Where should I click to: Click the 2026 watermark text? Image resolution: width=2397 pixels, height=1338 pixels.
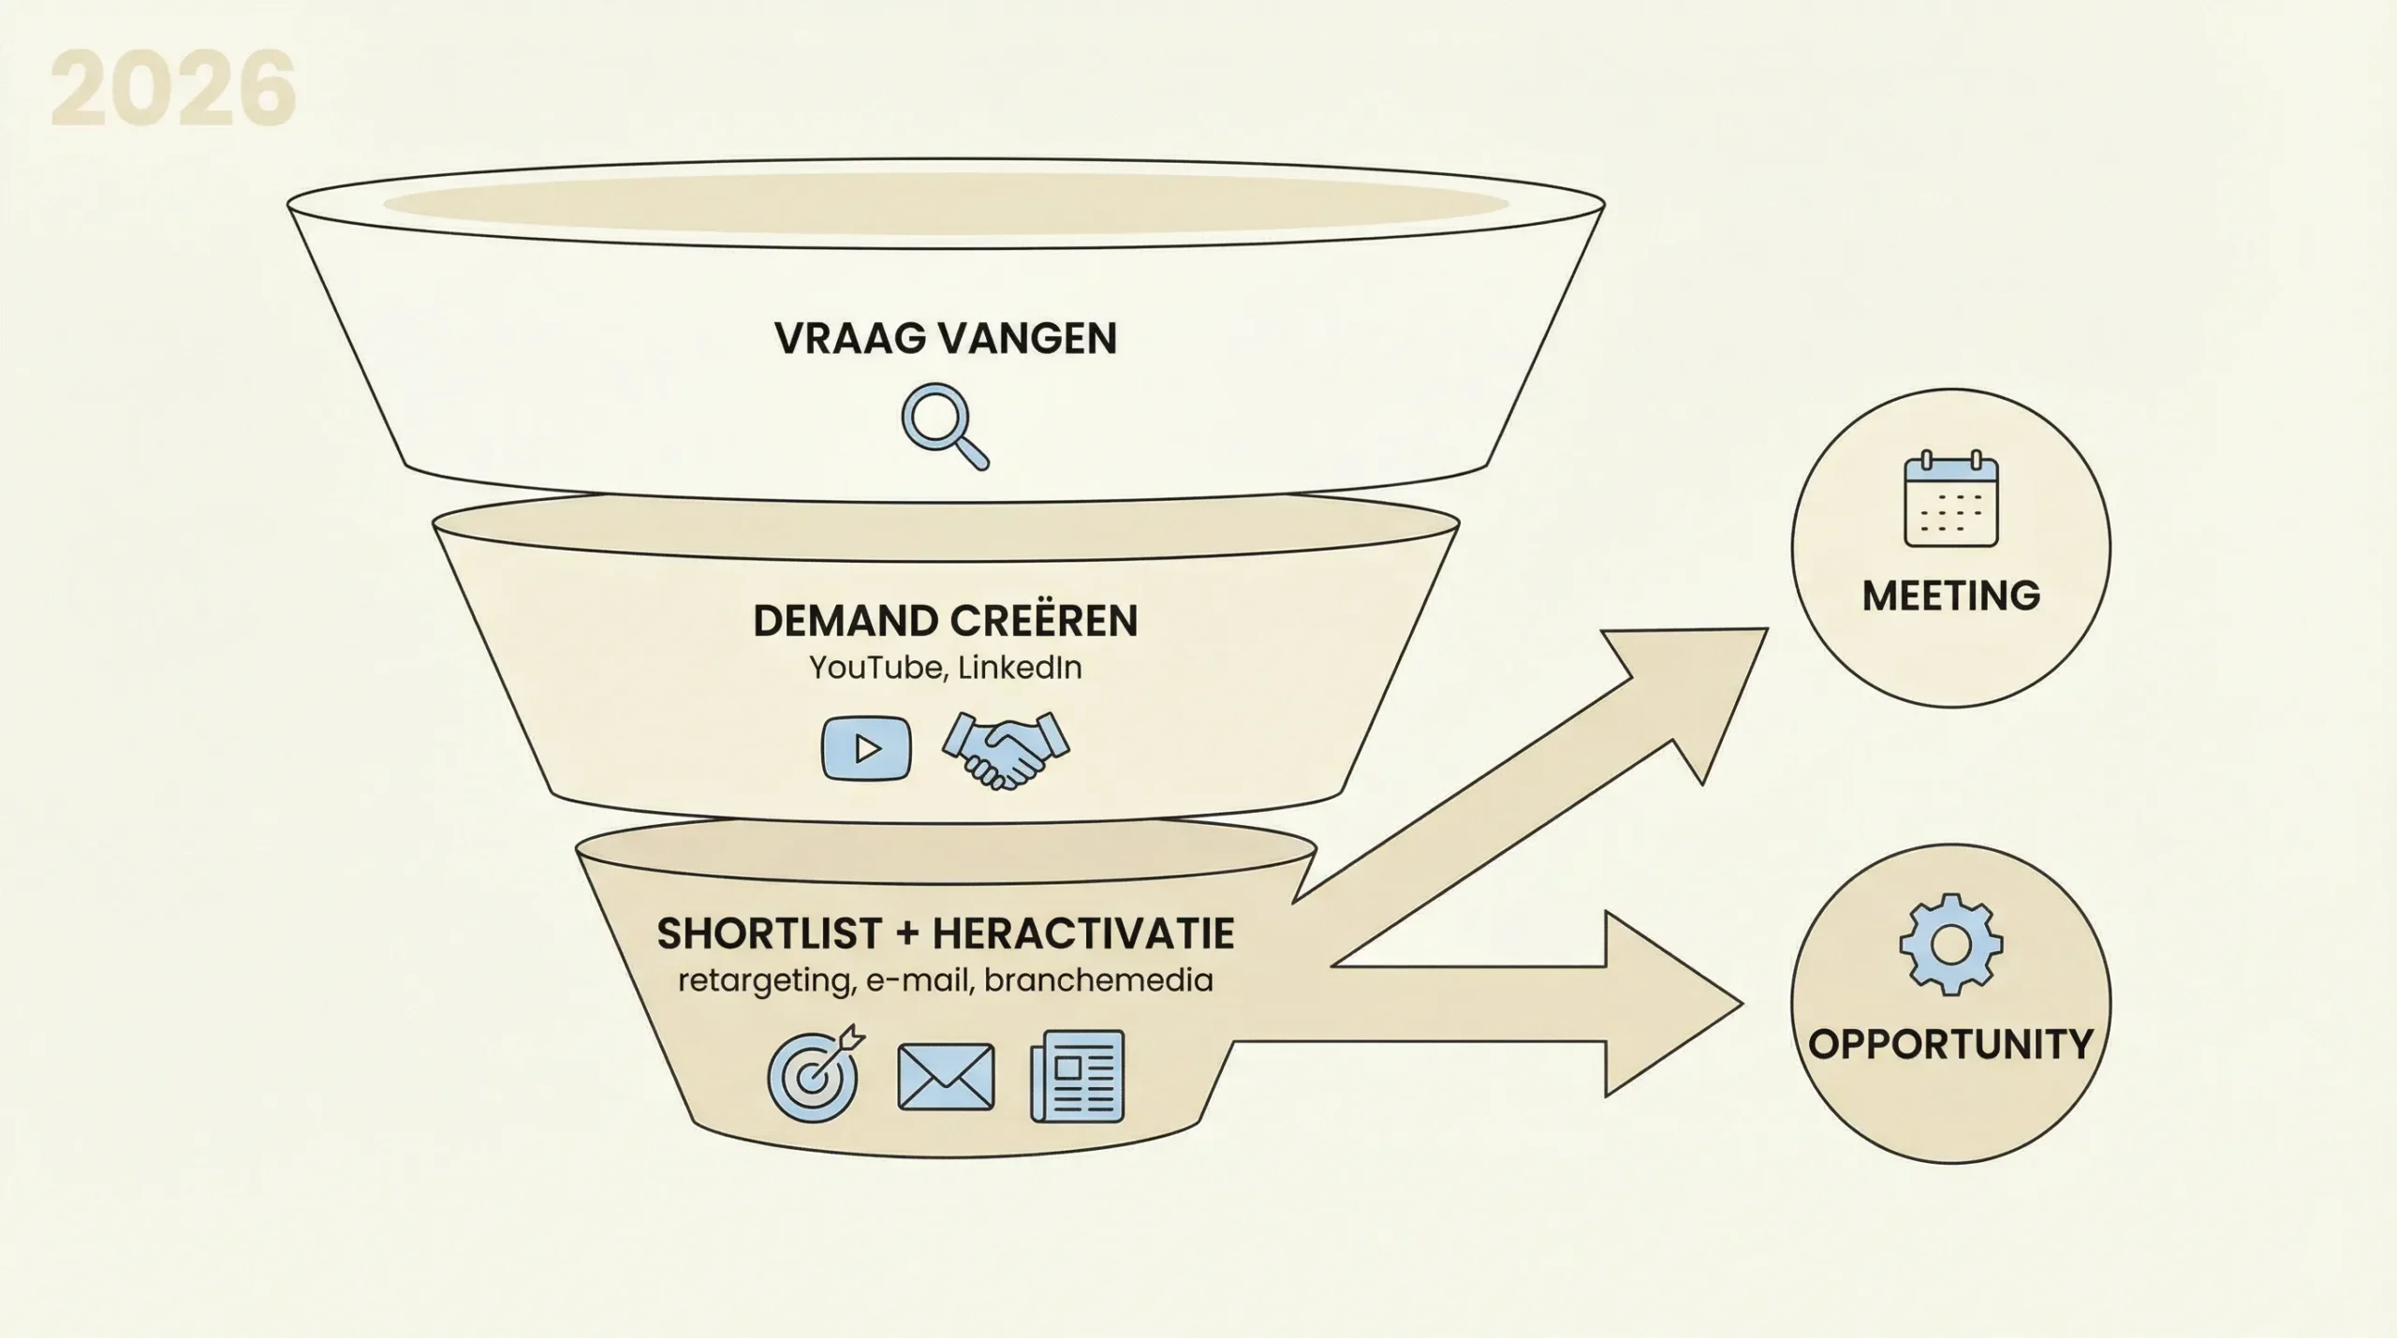[x=173, y=91]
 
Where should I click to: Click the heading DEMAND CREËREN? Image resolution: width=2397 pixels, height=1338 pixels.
[x=945, y=621]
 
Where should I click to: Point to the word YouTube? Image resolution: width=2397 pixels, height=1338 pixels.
[x=875, y=668]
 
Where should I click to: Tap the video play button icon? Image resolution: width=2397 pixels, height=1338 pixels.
[x=866, y=747]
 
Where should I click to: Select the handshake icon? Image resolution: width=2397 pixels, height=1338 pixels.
[x=1005, y=749]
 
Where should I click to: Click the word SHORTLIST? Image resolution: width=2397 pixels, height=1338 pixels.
[x=769, y=934]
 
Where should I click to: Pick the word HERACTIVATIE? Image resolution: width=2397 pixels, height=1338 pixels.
[x=1083, y=934]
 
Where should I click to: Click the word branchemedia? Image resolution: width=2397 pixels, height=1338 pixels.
[x=1098, y=980]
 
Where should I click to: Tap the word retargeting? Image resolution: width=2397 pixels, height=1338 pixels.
[x=762, y=980]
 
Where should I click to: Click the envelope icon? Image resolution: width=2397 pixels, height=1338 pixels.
[x=946, y=1077]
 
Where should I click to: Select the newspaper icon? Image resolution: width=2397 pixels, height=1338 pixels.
[x=1078, y=1076]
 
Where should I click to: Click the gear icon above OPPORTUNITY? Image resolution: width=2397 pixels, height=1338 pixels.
[x=1951, y=944]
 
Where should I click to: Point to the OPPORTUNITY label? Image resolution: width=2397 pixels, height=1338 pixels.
[x=1950, y=1044]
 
